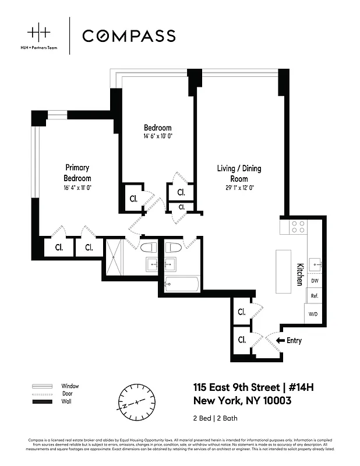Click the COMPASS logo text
[128, 36]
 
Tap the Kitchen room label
[299, 274]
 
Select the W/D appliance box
[313, 314]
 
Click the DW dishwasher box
[315, 281]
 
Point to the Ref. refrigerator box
[314, 296]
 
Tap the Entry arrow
[280, 340]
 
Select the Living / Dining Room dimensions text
[239, 188]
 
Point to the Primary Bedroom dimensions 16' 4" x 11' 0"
[77, 188]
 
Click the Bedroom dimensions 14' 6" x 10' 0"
[158, 136]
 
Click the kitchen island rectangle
[284, 271]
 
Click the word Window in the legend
[70, 386]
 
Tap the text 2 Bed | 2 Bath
[215, 418]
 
